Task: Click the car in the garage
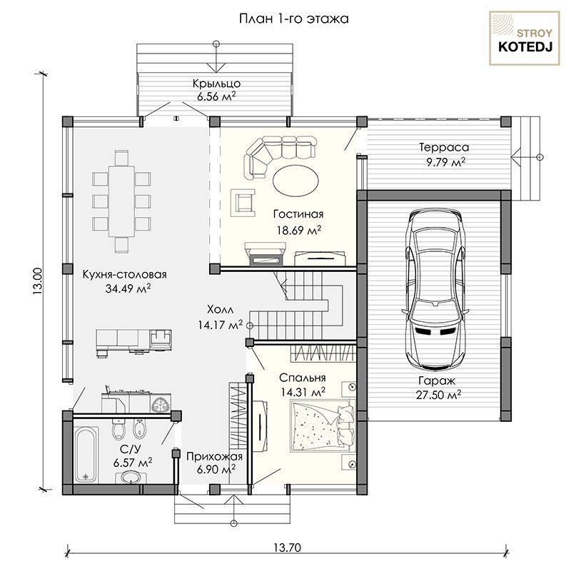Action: pos(435,289)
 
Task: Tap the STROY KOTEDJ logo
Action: pos(525,39)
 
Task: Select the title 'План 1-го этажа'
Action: pos(294,19)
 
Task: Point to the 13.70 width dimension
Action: pos(287,548)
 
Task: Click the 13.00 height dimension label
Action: pos(38,281)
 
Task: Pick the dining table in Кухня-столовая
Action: pos(121,201)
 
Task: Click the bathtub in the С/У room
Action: pos(86,455)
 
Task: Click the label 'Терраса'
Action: pos(444,147)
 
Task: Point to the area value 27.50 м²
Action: pos(438,395)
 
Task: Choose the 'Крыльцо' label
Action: pos(217,84)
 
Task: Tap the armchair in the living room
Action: pos(243,203)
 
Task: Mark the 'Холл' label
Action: pos(221,309)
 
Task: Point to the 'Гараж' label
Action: pos(437,381)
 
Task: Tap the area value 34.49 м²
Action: pos(128,288)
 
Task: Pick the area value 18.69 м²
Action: pos(299,230)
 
